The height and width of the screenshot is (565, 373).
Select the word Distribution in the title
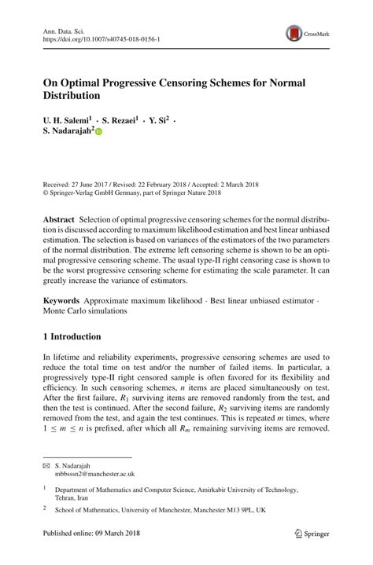tap(72, 96)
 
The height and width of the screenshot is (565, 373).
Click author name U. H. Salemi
tap(65, 122)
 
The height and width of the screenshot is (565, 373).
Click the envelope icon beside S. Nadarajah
tap(46, 466)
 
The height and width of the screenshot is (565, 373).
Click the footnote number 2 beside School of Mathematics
tap(45, 508)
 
